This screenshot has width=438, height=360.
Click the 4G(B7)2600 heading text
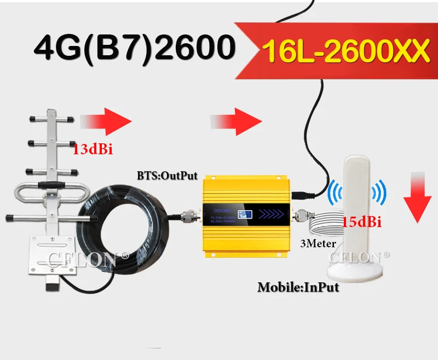point(131,48)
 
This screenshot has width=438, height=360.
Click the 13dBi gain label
point(93,149)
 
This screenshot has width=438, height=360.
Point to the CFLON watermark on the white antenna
point(359,256)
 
